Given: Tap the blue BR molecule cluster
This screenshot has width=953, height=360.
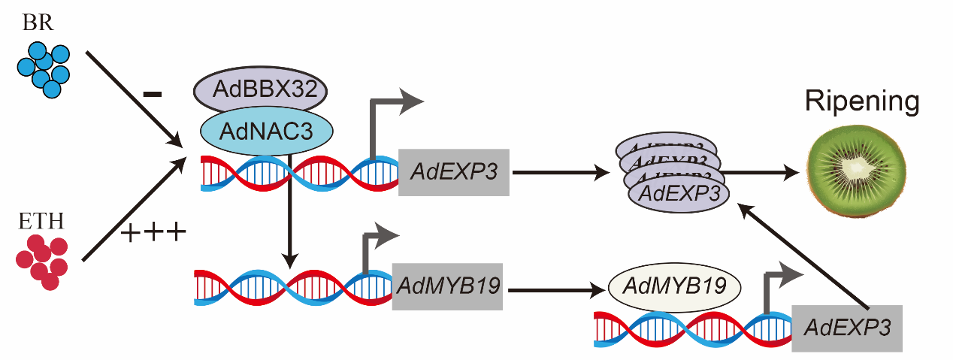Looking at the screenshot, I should coord(44,68).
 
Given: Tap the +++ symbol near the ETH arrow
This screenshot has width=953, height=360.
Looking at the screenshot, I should coord(153,234).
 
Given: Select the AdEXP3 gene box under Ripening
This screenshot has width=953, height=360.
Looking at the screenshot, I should coord(847,328).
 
